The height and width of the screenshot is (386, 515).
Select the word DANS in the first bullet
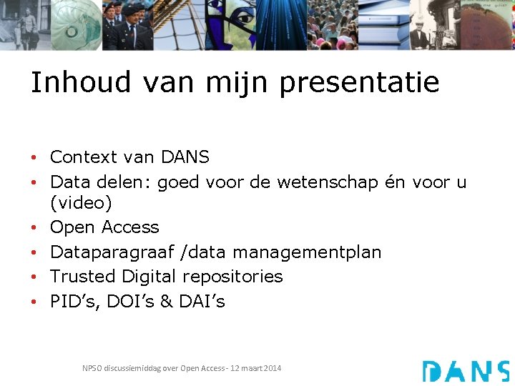185,157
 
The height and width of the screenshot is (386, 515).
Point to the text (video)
81,204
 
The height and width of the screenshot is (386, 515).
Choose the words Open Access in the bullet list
104,227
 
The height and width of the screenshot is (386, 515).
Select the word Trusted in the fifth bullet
83,276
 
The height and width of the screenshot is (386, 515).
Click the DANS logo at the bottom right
466,371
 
